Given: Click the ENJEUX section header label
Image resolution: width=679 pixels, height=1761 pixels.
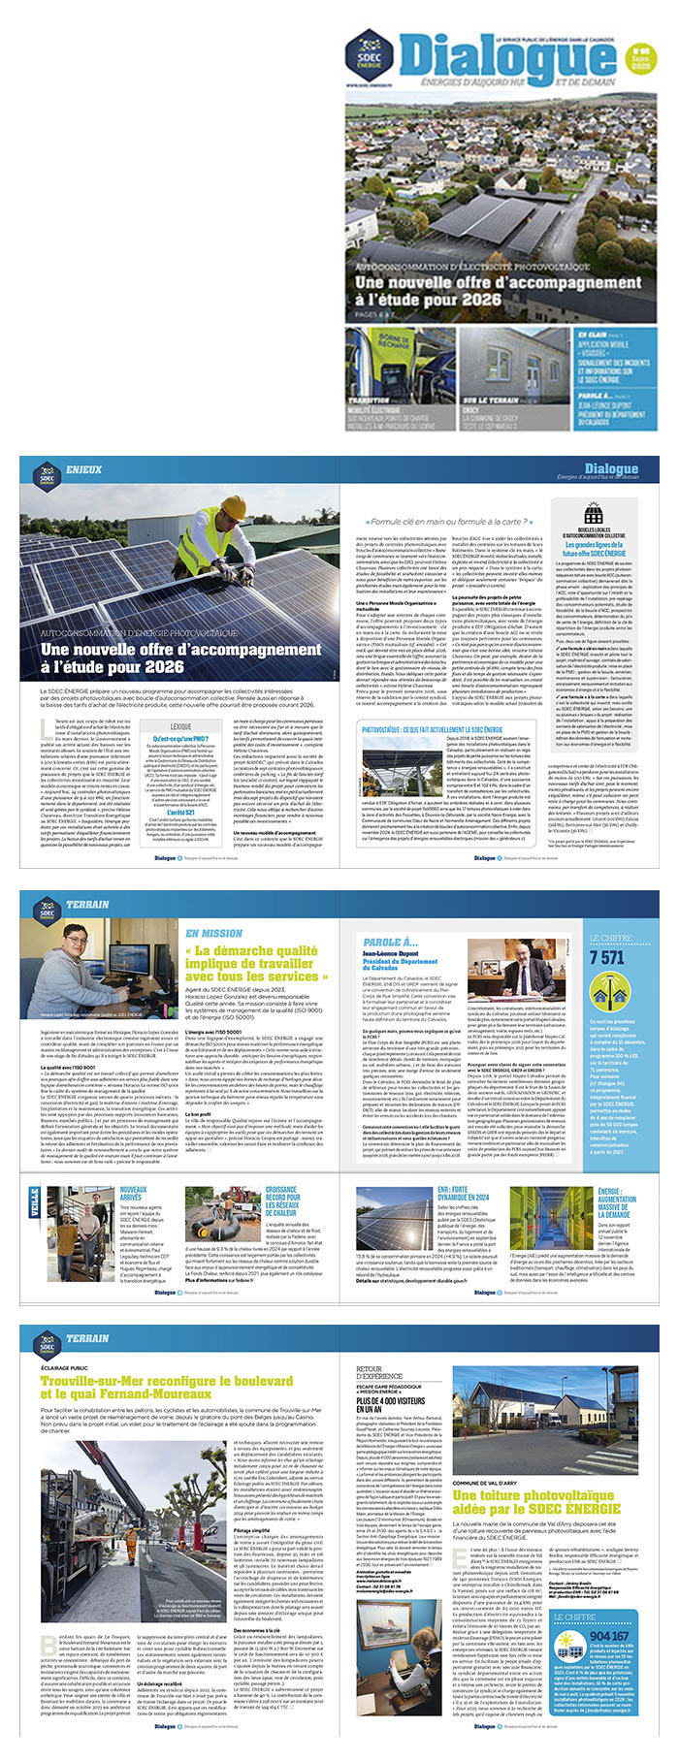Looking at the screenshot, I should click(x=84, y=469).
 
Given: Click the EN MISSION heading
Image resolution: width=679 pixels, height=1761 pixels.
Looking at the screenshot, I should click(x=214, y=933).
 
